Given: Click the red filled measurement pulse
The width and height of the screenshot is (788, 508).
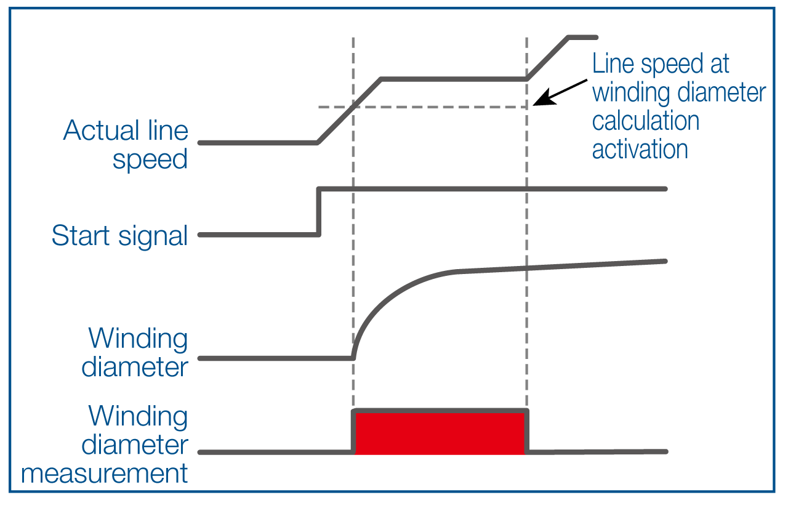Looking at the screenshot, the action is (x=440, y=433).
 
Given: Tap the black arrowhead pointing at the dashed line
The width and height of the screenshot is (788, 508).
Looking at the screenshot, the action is (x=545, y=97).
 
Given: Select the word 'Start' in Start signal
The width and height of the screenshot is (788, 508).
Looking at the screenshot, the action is (x=81, y=235).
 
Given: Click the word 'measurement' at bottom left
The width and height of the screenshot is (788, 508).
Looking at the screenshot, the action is (x=105, y=474).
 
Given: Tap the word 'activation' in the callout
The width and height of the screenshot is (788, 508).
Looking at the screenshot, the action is (x=640, y=149).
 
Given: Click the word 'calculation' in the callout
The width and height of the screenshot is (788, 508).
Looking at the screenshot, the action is (x=646, y=120).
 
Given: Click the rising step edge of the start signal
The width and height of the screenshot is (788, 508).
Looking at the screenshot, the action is (x=319, y=212).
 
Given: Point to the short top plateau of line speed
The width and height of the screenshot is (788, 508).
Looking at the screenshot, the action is (x=582, y=38).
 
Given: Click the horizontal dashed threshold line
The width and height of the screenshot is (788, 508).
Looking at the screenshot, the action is (x=422, y=107).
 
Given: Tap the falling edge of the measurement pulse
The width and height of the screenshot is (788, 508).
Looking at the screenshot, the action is (x=526, y=431).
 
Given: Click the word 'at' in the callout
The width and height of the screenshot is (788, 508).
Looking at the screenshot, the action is (x=720, y=64).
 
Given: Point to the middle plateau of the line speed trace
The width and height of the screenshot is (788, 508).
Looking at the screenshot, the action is (x=454, y=79).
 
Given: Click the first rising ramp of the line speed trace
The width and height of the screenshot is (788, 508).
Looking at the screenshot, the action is (x=349, y=111).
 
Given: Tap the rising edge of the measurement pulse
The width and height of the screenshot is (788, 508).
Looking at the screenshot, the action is (x=353, y=431).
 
